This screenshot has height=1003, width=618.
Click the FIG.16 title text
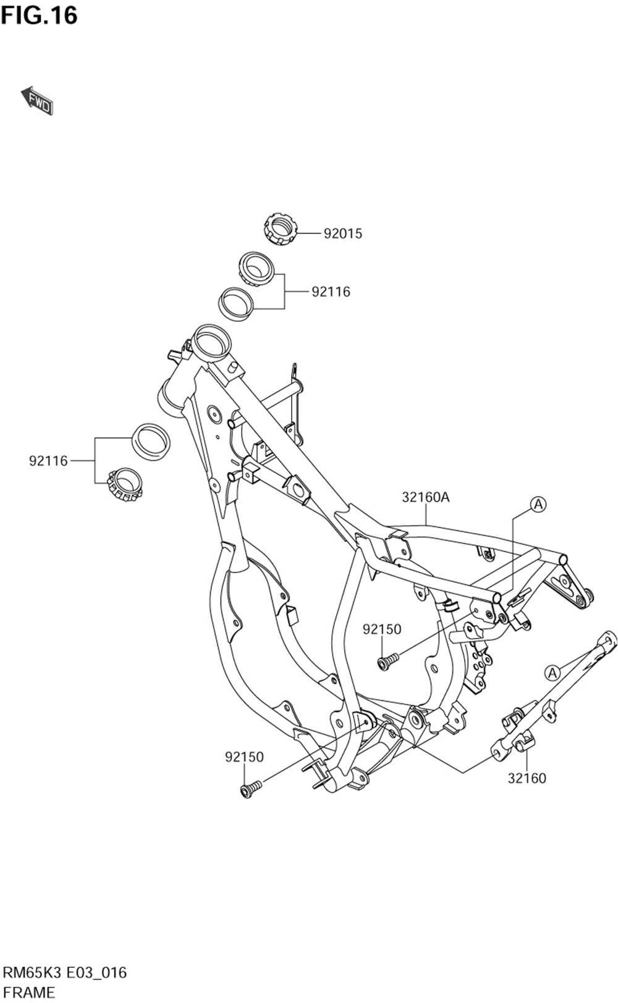[x=40, y=15]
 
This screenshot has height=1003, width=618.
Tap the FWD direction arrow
[x=37, y=101]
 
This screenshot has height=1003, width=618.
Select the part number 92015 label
[x=343, y=233]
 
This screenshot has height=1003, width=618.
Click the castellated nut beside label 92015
[x=280, y=229]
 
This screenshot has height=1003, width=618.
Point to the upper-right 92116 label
[x=331, y=292]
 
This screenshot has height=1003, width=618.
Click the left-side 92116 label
[x=48, y=461]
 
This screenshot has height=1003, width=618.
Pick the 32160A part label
[x=426, y=497]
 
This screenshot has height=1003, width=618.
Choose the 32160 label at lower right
[x=527, y=778]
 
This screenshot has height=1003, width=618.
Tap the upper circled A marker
[x=539, y=505]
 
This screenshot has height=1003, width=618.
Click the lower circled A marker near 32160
[x=552, y=672]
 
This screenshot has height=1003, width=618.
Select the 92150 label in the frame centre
[x=382, y=629]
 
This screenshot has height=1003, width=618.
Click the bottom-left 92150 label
[x=244, y=757]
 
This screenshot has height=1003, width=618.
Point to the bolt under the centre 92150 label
[x=387, y=661]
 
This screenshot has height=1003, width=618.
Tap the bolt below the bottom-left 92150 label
[x=251, y=789]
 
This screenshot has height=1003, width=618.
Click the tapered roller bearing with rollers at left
[x=125, y=484]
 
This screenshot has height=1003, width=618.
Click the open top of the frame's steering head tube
[x=211, y=342]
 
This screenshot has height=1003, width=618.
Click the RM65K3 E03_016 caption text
[x=65, y=973]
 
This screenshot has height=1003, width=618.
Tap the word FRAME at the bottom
[x=29, y=992]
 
